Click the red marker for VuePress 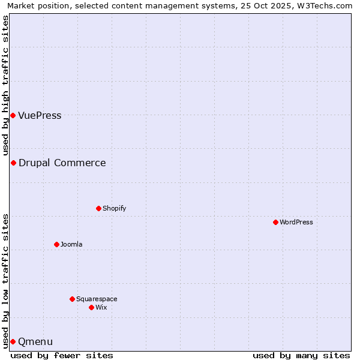tap(13, 115)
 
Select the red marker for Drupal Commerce tap(13, 163)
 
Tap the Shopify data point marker tap(98, 208)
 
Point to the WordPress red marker tap(275, 222)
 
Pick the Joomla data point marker tap(56, 244)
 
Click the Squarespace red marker tap(72, 299)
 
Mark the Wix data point tap(91, 307)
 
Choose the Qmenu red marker tap(13, 341)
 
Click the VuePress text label tap(40, 115)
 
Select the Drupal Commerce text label tap(62, 163)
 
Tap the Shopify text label tap(114, 208)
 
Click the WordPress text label tap(296, 222)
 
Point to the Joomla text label tap(71, 244)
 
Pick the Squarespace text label tap(97, 299)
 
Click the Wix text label tap(101, 307)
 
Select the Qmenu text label tap(35, 341)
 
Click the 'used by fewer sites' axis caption tap(62, 355)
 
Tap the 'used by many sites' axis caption tap(301, 355)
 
